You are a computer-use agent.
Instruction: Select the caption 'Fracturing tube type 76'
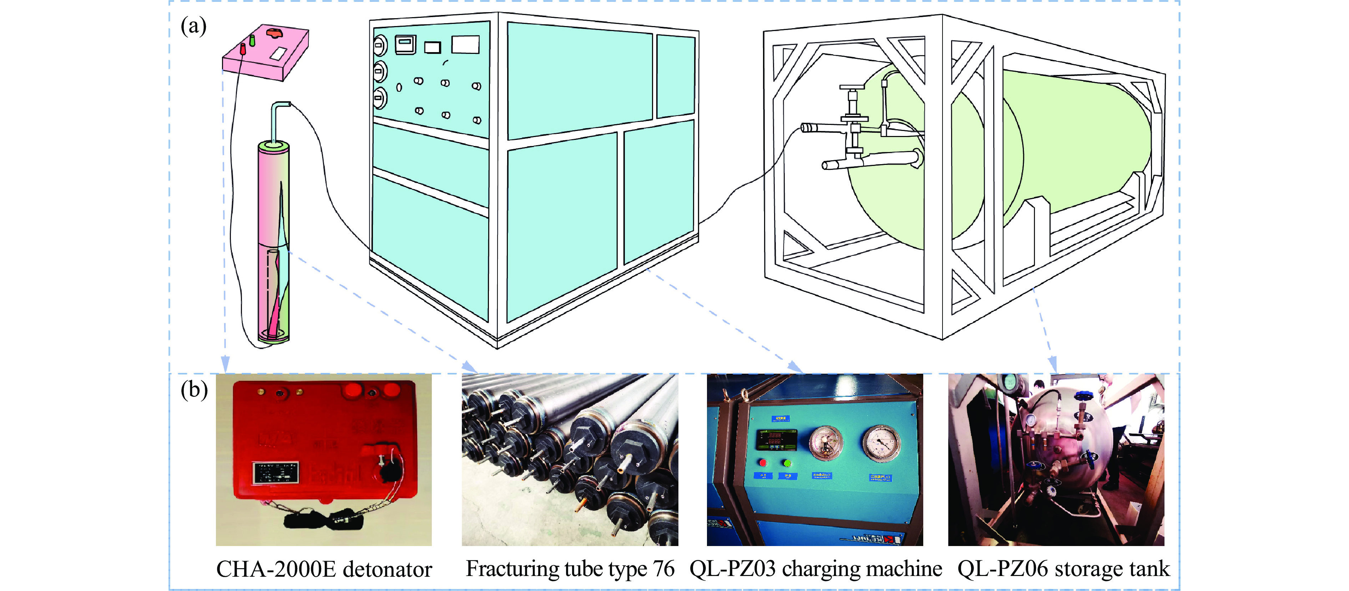(570, 569)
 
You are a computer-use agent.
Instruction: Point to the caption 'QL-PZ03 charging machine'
(815, 569)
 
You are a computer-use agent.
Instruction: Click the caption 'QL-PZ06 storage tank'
(1063, 569)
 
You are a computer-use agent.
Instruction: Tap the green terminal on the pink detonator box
(252, 40)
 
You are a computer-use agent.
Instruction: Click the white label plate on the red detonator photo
(276, 473)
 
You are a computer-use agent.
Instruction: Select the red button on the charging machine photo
(763, 463)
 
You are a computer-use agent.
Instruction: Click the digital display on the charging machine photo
(775, 440)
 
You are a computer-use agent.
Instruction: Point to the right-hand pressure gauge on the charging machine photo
(881, 444)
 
